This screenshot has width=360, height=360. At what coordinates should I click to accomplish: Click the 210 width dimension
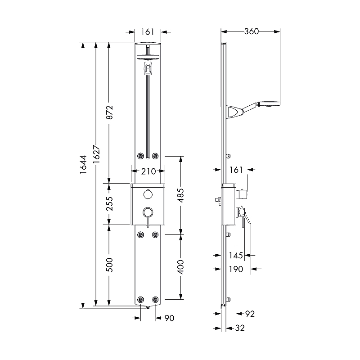[148, 171]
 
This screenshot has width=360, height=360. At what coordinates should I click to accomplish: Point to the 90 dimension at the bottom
[169, 318]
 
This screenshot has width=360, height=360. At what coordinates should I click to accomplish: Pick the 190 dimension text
[236, 269]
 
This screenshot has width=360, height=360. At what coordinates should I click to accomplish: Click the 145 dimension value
[236, 255]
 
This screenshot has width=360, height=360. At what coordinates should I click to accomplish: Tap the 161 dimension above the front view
[147, 31]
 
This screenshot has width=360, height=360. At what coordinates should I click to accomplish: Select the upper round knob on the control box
[148, 195]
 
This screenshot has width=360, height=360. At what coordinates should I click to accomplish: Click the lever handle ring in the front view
[148, 212]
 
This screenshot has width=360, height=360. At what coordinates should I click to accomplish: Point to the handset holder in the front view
[148, 69]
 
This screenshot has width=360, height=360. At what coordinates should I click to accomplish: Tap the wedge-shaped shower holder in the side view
[235, 112]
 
